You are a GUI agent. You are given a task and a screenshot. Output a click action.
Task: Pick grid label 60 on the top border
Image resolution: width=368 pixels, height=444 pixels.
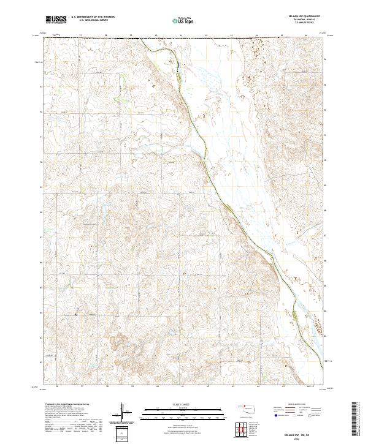[157, 36]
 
